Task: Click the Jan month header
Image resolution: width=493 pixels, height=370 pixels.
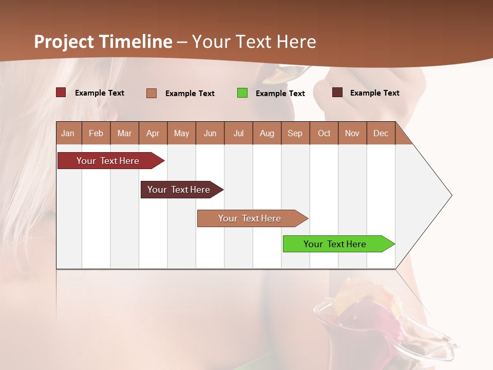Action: (x=68, y=133)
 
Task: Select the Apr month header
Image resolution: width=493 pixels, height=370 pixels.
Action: (x=153, y=133)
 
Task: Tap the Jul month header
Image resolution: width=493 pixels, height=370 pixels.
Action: (x=238, y=133)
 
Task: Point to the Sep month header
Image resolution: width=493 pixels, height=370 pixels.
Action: (x=295, y=133)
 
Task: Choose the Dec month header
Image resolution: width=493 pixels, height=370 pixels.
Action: (x=381, y=133)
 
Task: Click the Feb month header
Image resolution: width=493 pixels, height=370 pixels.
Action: (x=96, y=133)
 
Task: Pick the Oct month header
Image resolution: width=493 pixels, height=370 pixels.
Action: (x=324, y=133)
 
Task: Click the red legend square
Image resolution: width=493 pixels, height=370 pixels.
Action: (x=61, y=92)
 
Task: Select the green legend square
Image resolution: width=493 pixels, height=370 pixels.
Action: (x=242, y=93)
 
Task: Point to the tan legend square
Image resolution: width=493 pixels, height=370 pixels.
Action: (x=151, y=93)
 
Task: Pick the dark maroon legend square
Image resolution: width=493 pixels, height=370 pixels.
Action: (x=337, y=92)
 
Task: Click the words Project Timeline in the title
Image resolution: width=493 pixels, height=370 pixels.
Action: (x=103, y=42)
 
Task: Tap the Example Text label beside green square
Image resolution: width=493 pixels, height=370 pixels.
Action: (x=280, y=94)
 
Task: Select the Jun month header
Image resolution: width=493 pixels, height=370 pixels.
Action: (x=210, y=133)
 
